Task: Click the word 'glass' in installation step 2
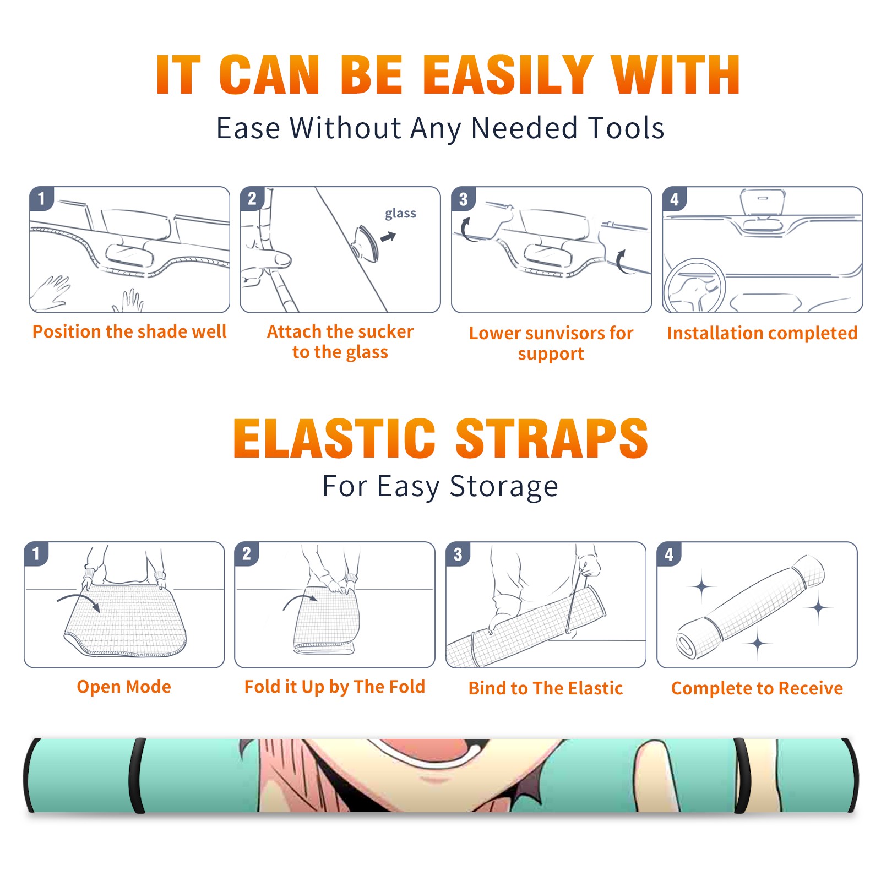tap(400, 214)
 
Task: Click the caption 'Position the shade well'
tap(129, 331)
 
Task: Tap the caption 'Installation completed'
tap(762, 333)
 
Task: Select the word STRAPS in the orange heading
tap(552, 438)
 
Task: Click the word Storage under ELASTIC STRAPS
tap(504, 487)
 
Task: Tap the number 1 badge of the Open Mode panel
tap(36, 553)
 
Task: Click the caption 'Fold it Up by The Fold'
tap(335, 687)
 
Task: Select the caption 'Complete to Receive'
tap(757, 688)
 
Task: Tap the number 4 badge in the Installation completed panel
tap(675, 199)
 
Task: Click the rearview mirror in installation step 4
tap(763, 204)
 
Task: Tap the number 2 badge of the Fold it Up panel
tap(247, 553)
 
